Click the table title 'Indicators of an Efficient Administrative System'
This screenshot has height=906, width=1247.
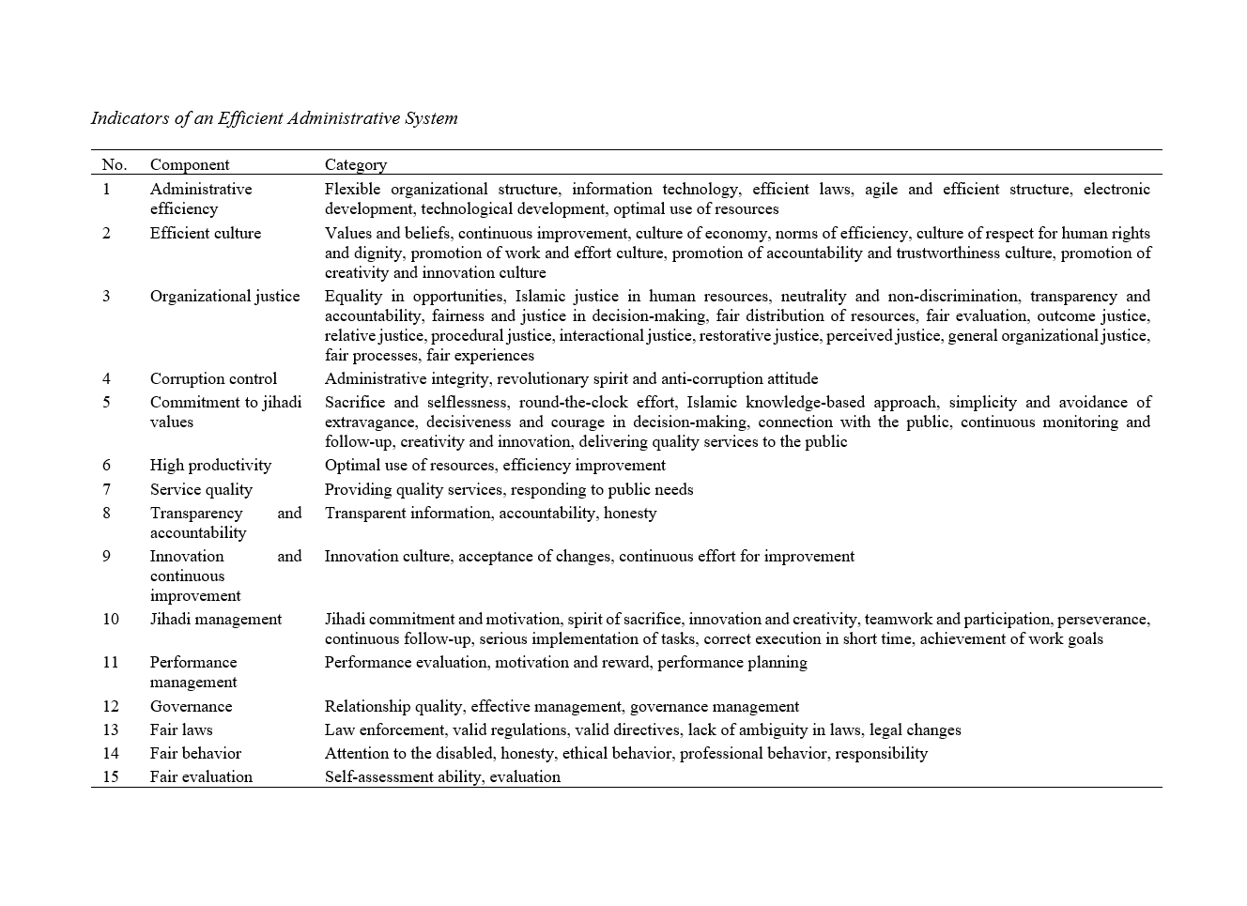coord(274,118)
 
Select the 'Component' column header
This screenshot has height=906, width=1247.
coord(190,164)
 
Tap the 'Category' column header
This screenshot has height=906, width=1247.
coord(356,164)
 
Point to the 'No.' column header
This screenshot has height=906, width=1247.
coord(114,164)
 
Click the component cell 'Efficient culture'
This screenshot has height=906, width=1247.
coord(206,233)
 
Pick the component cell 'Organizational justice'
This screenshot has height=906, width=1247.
coord(224,296)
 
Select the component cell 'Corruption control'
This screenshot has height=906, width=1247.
coord(213,378)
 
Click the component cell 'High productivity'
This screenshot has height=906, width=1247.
coord(210,465)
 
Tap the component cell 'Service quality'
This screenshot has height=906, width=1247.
coord(201,489)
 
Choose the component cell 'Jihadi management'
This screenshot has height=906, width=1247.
coord(215,619)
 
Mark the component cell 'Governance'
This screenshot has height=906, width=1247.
coord(191,706)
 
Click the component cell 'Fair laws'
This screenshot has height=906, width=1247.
coord(181,729)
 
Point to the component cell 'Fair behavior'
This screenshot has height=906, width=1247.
coord(195,753)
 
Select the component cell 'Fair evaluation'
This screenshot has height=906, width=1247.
coord(201,776)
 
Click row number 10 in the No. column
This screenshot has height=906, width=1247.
coord(111,619)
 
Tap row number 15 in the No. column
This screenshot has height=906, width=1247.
coord(111,776)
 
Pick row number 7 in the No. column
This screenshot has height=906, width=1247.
coord(106,489)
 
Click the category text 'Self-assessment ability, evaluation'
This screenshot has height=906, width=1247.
coord(442,776)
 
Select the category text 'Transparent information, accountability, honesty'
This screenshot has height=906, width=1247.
coord(490,513)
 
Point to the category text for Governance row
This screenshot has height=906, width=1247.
coord(562,706)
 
